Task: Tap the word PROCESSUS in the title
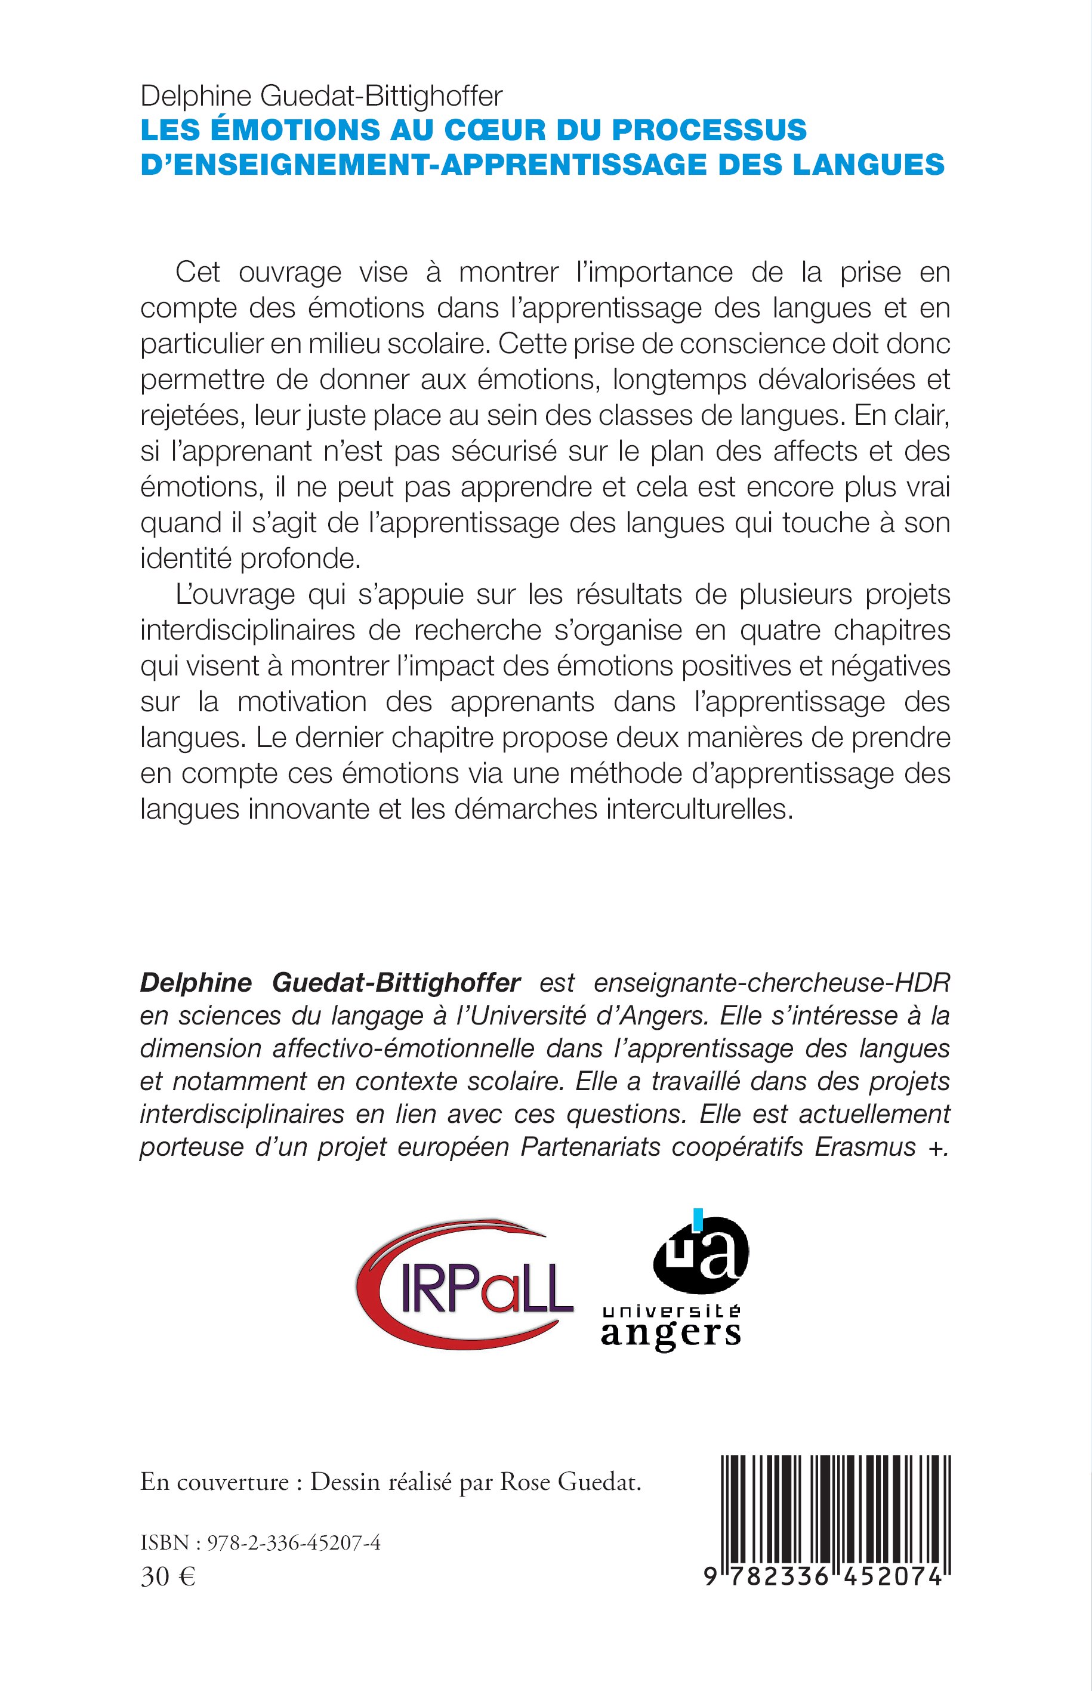coord(708,129)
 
